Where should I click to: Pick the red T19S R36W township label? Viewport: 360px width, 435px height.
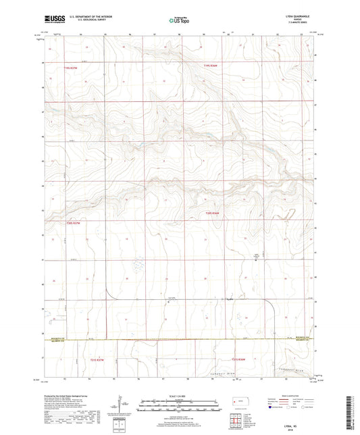coord(212,66)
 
